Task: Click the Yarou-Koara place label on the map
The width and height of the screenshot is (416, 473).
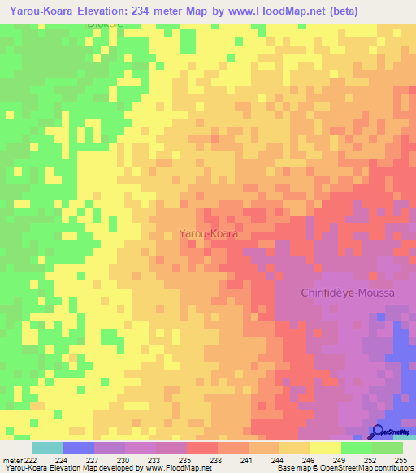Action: pos(209,233)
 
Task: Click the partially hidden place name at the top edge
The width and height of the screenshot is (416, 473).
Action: pos(107,24)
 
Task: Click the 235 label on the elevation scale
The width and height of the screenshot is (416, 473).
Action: pos(185,459)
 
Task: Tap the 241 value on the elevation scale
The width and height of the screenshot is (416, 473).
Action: pos(247,459)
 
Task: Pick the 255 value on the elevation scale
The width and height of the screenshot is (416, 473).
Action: pos(401,459)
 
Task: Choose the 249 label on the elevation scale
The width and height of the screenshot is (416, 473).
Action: pos(340,459)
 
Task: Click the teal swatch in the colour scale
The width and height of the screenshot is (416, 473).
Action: pos(47,448)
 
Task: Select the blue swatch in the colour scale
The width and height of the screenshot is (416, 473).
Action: pos(78,448)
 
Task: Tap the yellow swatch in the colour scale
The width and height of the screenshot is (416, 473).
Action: pos(325,448)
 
